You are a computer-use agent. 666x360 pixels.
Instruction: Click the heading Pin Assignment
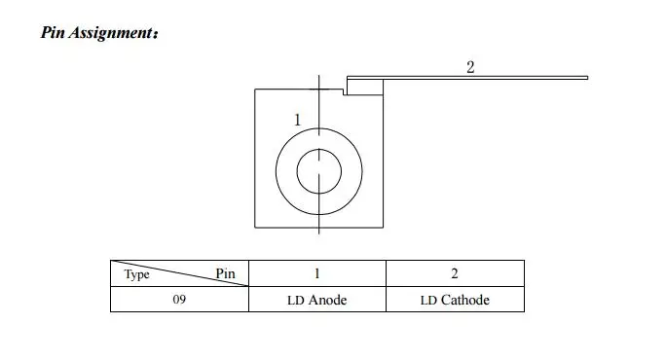99,33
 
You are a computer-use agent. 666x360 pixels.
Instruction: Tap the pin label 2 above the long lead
470,67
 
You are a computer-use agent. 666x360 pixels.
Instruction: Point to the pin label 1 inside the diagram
297,120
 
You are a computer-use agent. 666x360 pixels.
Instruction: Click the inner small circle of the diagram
297,171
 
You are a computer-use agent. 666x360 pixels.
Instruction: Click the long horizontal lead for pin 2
467,78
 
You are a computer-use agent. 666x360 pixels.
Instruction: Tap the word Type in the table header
136,274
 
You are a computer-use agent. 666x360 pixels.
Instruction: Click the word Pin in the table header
225,273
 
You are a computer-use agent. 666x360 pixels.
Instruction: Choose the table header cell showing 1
317,273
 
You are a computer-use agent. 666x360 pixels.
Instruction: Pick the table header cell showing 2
455,273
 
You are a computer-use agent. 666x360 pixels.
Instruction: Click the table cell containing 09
179,300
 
